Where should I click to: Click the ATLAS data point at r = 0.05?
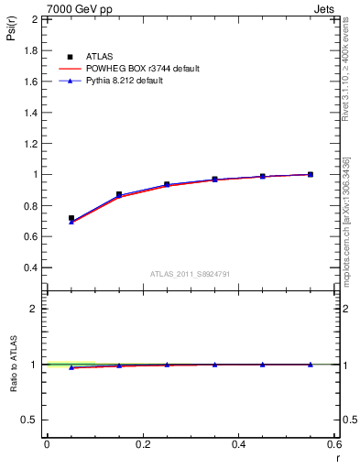(x=71, y=219)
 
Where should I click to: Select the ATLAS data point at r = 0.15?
(x=119, y=194)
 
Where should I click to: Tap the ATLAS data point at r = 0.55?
(x=311, y=174)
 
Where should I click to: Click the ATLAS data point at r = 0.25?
(x=167, y=184)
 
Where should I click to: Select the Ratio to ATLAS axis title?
(x=11, y=364)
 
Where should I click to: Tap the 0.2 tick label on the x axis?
(x=143, y=443)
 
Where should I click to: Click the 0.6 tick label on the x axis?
(x=334, y=443)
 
